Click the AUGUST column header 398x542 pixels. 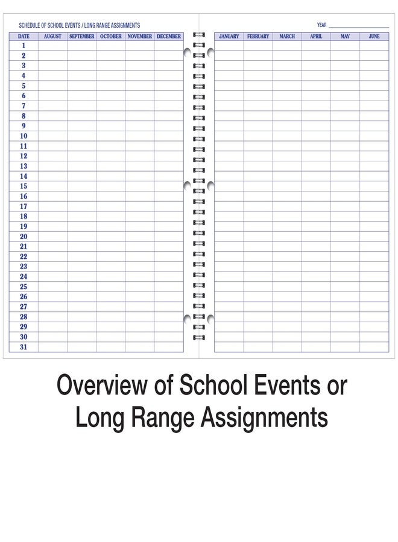click(x=53, y=36)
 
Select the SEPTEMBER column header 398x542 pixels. click(x=81, y=36)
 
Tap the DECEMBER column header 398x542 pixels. click(x=169, y=36)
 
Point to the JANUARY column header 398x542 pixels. click(x=229, y=36)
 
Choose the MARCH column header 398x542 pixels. click(x=287, y=36)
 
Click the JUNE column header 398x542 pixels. click(x=374, y=36)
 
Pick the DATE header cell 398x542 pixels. click(x=24, y=36)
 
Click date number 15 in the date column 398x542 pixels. click(x=24, y=186)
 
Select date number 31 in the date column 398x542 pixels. click(x=24, y=347)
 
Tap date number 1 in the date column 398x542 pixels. click(x=24, y=45)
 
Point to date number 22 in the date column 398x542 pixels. click(x=24, y=257)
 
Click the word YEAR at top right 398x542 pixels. click(x=321, y=25)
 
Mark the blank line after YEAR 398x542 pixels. click(x=359, y=26)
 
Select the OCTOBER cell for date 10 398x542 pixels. click(x=111, y=136)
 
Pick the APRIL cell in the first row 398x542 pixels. click(x=316, y=46)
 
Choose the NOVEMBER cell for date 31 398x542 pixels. click(x=140, y=347)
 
